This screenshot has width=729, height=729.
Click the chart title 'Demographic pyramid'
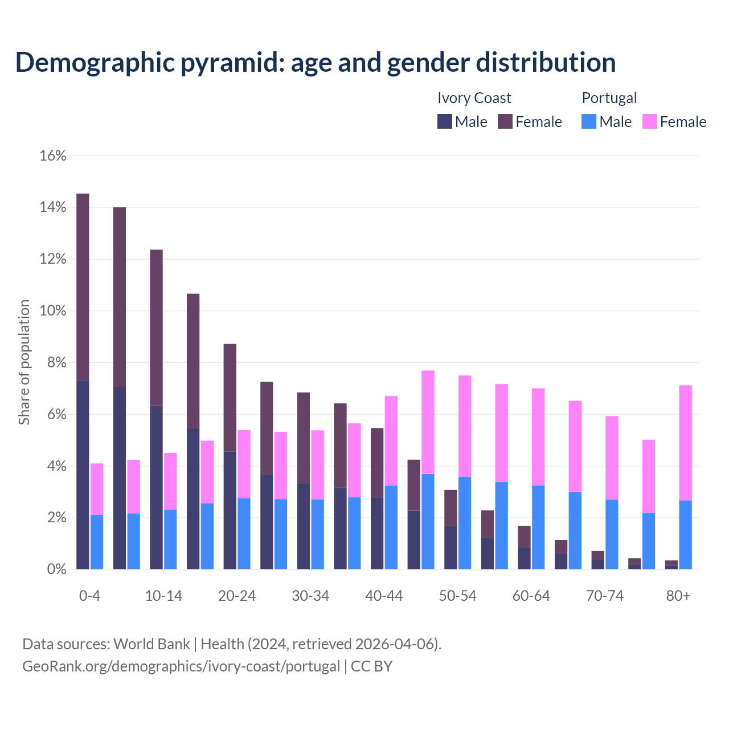click(x=315, y=62)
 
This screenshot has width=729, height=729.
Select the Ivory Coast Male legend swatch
click(x=445, y=122)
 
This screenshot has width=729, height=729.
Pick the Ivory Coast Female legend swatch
click(x=505, y=122)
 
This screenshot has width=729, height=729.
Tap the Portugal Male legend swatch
click(x=589, y=122)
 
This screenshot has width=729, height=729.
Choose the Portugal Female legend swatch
click(x=650, y=122)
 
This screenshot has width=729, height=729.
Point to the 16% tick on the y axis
click(x=53, y=155)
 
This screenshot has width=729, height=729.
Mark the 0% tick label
click(x=56, y=570)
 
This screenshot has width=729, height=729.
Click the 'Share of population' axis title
click(x=24, y=362)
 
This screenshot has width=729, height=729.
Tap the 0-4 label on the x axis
click(x=89, y=596)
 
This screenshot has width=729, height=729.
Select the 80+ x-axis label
click(x=678, y=596)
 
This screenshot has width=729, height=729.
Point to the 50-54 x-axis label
click(x=458, y=596)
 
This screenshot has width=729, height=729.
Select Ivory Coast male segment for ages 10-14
click(x=156, y=487)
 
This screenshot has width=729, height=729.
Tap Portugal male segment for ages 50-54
click(x=465, y=523)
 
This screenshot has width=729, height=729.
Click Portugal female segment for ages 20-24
click(x=244, y=464)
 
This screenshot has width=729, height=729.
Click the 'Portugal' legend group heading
click(x=609, y=98)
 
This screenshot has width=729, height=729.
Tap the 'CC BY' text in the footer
click(x=371, y=666)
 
